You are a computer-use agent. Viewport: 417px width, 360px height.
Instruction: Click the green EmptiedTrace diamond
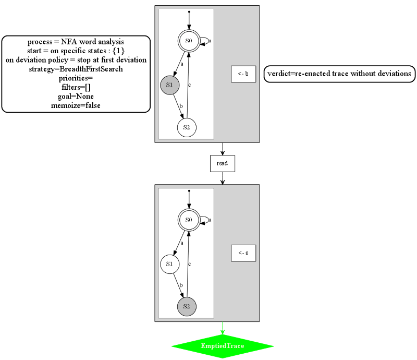point(223,346)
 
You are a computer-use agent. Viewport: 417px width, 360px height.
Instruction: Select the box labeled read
point(223,163)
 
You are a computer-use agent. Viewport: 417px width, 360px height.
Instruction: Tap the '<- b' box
point(243,74)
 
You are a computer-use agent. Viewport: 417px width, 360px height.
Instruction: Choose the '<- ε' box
point(243,253)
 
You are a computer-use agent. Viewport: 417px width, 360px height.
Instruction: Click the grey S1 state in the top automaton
point(170,85)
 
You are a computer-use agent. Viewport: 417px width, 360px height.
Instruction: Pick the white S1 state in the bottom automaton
point(170,264)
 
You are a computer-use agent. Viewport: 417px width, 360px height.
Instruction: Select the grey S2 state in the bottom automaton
point(187,306)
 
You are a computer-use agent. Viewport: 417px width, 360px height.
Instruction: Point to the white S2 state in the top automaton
point(187,127)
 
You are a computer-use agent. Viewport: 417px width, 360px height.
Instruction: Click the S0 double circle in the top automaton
point(189,41)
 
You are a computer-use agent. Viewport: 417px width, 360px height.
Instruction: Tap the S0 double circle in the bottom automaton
point(189,220)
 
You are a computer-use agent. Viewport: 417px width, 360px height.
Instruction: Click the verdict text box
point(339,74)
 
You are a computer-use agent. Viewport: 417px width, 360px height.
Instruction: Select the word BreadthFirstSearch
point(91,69)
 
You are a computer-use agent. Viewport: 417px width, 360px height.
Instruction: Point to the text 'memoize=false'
point(76,105)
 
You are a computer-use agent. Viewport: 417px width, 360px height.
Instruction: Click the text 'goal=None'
point(76,97)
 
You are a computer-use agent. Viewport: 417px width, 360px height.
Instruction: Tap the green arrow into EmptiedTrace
point(223,328)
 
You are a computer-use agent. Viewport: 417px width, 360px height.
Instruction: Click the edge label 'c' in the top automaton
point(190,85)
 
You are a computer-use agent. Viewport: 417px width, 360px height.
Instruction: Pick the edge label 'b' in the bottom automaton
point(181,285)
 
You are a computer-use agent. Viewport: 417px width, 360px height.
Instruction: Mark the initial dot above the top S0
point(189,11)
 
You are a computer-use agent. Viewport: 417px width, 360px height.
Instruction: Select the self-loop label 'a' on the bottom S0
point(210,220)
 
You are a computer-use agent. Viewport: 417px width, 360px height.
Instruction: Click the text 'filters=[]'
point(76,87)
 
